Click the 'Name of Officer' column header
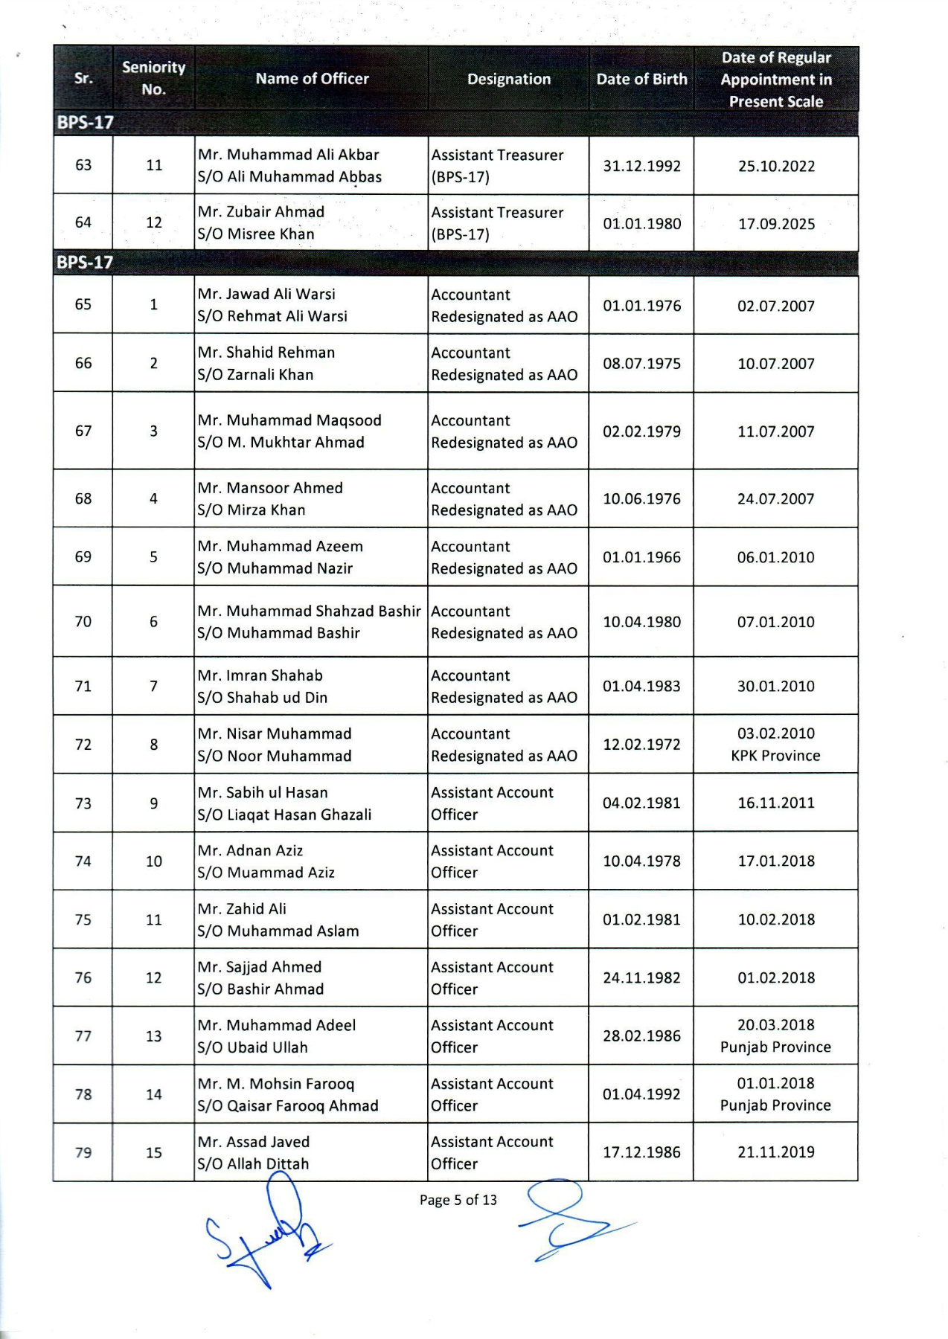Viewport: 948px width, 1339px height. tap(312, 79)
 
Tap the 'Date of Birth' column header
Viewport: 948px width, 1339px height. tap(641, 79)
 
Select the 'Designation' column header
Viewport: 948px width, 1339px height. tap(509, 79)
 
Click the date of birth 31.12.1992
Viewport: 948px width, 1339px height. tap(641, 166)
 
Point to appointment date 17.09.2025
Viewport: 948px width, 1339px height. tap(776, 224)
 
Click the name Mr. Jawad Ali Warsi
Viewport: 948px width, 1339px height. tap(266, 294)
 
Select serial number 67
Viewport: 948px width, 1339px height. tap(83, 431)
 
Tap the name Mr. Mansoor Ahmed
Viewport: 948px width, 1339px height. tap(270, 488)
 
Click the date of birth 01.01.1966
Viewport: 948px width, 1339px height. tap(641, 557)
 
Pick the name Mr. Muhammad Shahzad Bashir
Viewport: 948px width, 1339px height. tap(309, 611)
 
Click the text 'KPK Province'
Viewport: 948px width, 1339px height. tap(775, 756)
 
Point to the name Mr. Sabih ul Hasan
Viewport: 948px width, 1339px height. tap(262, 792)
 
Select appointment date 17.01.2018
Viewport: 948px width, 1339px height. tap(776, 861)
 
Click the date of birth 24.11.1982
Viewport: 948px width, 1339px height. tap(641, 978)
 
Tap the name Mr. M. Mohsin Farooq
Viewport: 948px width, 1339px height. tap(276, 1084)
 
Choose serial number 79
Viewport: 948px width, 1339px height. tap(83, 1153)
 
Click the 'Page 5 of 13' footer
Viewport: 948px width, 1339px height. tap(458, 1200)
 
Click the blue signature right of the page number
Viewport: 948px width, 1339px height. tap(569, 1220)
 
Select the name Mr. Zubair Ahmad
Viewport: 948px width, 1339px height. tap(260, 212)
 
